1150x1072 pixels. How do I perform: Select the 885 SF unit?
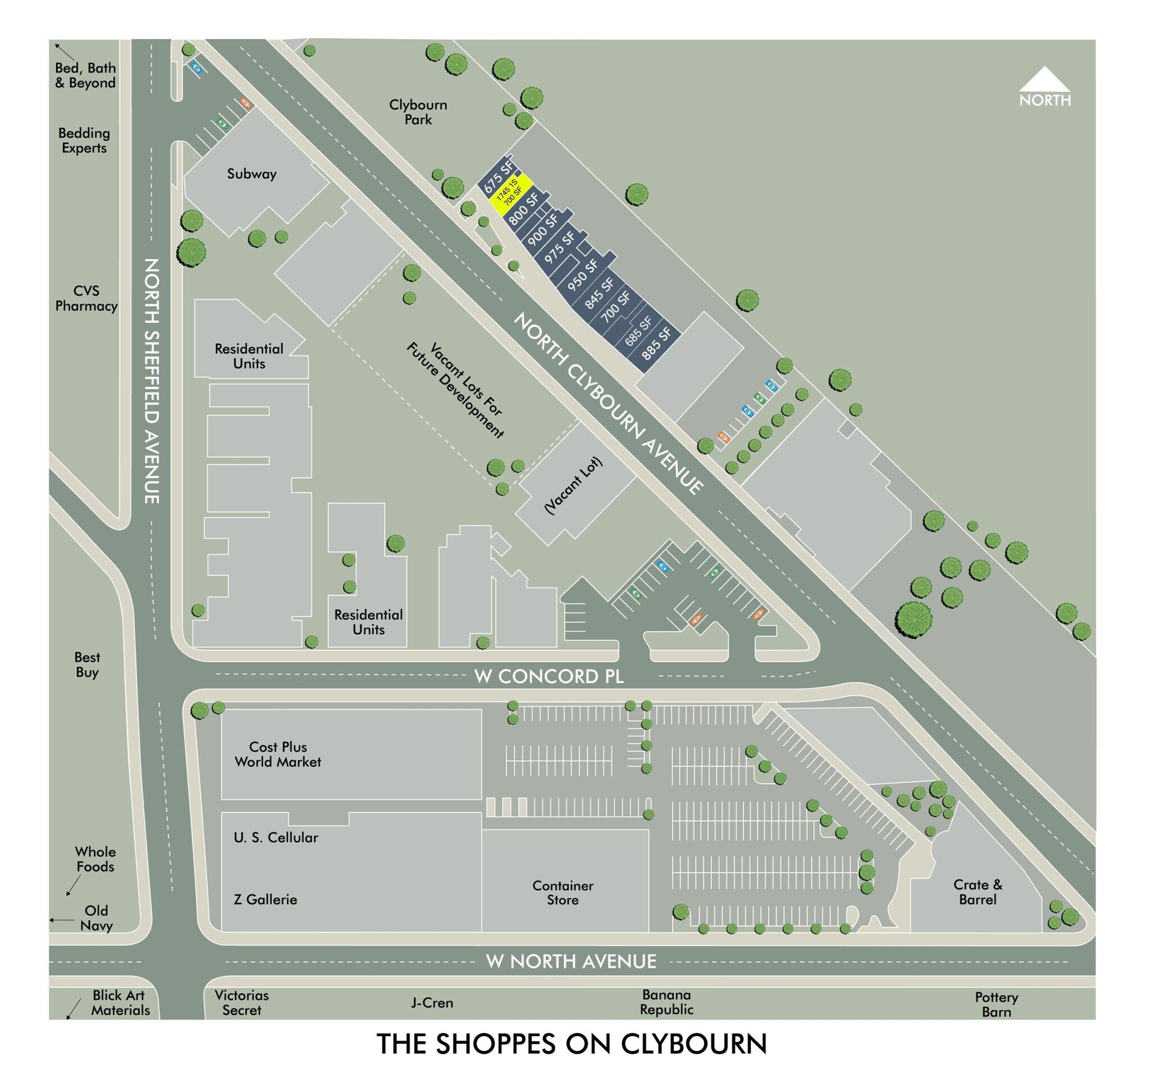click(x=656, y=343)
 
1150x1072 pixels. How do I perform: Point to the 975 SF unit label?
click(x=560, y=247)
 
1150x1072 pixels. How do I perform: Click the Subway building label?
click(x=252, y=174)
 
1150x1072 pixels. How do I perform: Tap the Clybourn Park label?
click(x=418, y=112)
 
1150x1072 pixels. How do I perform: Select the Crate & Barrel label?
click(x=977, y=892)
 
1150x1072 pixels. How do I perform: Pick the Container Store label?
click(x=563, y=892)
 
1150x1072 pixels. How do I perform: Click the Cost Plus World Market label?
click(x=277, y=754)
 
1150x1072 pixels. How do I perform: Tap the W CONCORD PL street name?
click(x=549, y=676)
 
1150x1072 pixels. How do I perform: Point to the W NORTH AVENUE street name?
click(x=571, y=961)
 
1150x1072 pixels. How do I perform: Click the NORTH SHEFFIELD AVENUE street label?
click(x=152, y=381)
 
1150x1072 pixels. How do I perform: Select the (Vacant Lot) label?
click(x=573, y=485)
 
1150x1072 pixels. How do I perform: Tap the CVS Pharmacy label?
click(x=86, y=298)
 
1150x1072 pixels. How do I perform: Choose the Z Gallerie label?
click(x=266, y=899)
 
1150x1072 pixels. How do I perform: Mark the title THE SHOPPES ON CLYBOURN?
click(x=572, y=1042)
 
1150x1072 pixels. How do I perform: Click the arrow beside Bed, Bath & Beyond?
click(x=63, y=52)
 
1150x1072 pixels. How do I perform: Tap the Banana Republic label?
click(x=667, y=1001)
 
